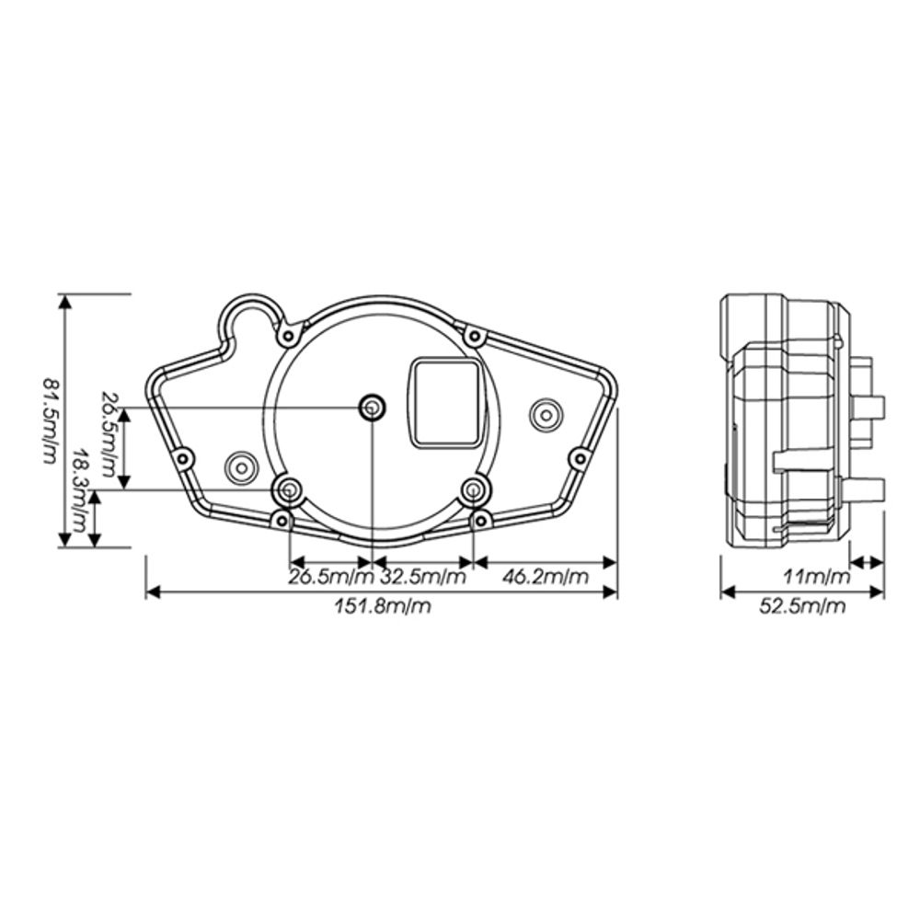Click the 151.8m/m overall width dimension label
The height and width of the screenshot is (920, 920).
(x=383, y=605)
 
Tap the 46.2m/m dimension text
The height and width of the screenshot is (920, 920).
(x=545, y=577)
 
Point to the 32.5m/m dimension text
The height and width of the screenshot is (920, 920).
(x=423, y=577)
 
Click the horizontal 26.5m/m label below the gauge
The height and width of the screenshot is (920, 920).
(x=331, y=577)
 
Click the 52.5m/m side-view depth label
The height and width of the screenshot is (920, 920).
(x=802, y=605)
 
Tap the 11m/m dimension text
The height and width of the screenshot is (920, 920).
(x=817, y=577)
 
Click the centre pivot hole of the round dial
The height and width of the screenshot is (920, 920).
(x=372, y=408)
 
